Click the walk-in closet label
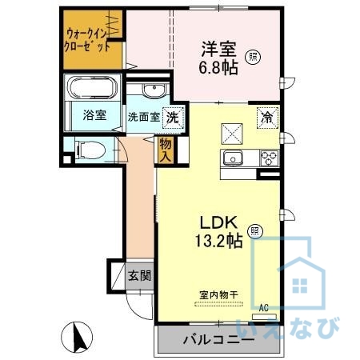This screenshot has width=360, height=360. point(88,40)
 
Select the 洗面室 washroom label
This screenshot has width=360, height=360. point(144,117)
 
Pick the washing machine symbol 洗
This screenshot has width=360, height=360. point(171,116)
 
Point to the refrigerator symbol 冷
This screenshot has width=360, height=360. point(267,117)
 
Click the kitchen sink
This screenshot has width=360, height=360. point(234,157)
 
